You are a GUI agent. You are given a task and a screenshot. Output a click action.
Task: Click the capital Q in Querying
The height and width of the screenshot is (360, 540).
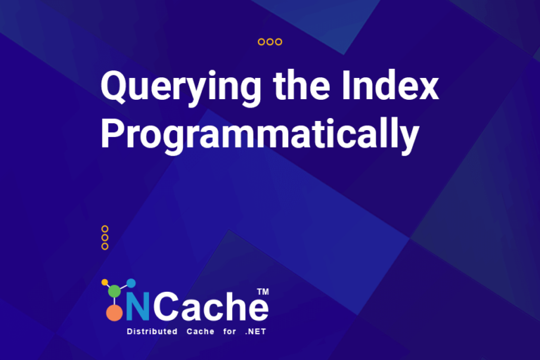point(115,87)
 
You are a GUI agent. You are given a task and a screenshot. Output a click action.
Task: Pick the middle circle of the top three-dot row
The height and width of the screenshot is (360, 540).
point(270,42)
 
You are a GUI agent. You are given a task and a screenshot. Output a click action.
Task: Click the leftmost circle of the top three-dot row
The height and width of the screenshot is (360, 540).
point(262,42)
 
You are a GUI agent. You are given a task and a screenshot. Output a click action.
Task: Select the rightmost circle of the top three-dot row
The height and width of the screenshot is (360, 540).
point(278,42)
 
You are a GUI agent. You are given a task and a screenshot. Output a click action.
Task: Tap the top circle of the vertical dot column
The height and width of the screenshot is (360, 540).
point(105,229)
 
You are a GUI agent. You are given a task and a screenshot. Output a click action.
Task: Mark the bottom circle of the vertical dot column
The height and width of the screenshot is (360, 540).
point(105,246)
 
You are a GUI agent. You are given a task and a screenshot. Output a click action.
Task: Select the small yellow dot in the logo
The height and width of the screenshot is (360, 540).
point(105,283)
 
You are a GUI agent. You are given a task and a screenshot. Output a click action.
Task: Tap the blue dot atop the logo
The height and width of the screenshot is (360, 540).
point(131,283)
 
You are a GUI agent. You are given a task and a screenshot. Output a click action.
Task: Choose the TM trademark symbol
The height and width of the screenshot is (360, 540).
point(263,291)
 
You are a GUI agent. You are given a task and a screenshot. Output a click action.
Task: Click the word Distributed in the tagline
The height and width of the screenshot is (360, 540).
point(151,331)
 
